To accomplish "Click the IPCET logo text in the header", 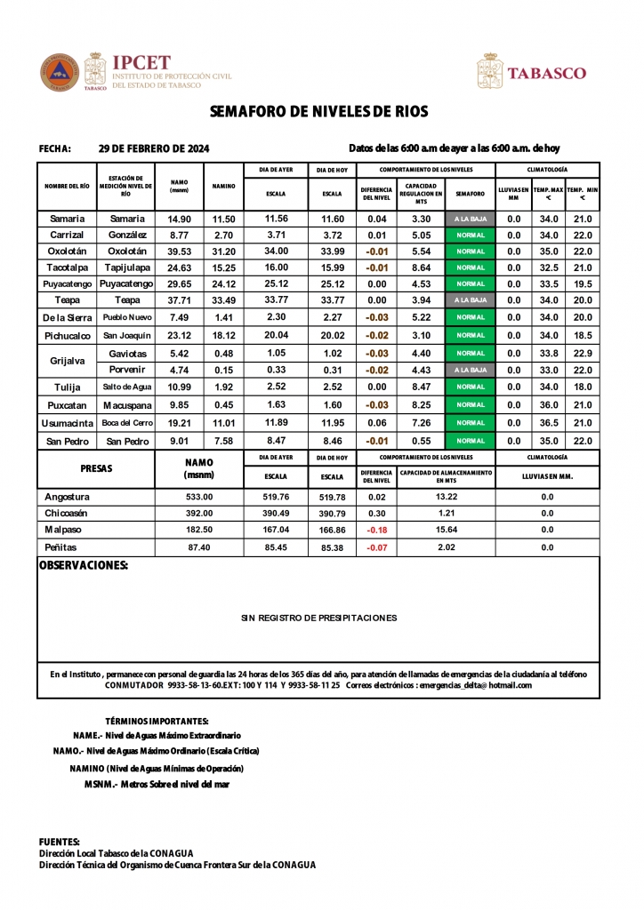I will click(140, 62).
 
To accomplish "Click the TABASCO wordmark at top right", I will click(546, 73).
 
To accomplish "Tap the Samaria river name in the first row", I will click(68, 219).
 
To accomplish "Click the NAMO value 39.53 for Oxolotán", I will click(180, 251).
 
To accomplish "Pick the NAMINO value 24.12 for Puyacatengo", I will click(223, 284).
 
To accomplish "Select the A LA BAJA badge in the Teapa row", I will click(470, 300).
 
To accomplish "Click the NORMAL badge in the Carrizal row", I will click(470, 235).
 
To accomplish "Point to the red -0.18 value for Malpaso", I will click(377, 530).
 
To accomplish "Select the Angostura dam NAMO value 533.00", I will click(199, 497).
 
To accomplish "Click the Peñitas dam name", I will click(61, 547).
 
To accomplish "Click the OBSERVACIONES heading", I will click(84, 565).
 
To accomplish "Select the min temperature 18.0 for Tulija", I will click(583, 387).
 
